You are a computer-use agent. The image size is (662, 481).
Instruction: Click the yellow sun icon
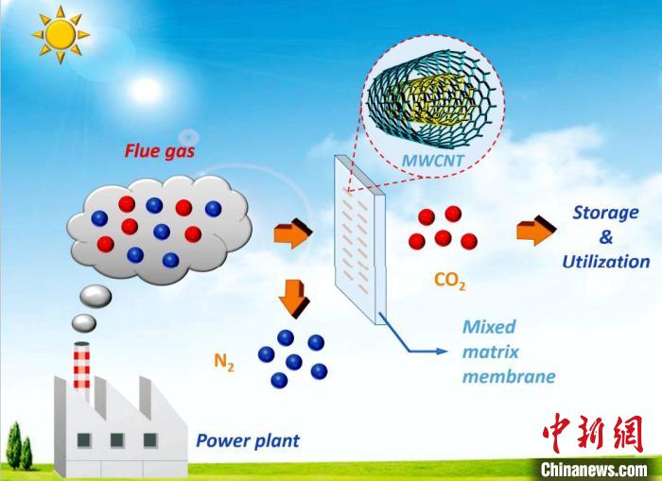(59, 33)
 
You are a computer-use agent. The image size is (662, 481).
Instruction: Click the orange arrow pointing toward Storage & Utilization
(536, 232)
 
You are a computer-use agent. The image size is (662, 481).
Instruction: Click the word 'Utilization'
(606, 262)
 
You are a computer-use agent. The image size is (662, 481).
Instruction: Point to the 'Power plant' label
(248, 440)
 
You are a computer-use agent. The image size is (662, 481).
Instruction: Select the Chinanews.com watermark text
(593, 469)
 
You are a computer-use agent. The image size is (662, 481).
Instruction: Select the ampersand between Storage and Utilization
(605, 237)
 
